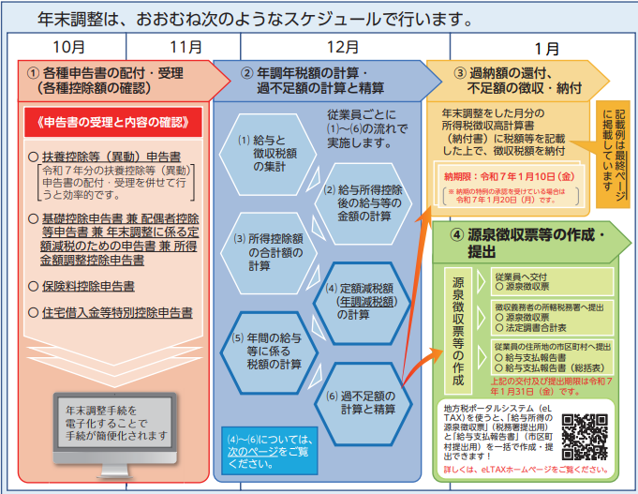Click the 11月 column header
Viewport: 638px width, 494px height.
point(185,45)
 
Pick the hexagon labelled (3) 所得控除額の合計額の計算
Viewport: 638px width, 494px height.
point(263,252)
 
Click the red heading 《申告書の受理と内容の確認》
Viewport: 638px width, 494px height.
point(110,122)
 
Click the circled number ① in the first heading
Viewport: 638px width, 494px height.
point(34,72)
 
